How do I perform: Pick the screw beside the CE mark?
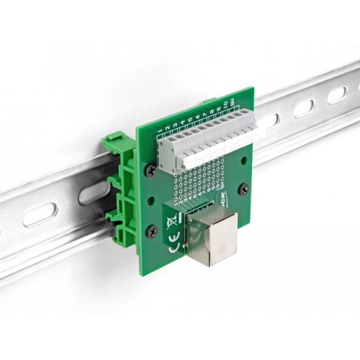point(153,230)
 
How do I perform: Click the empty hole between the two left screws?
point(151,199)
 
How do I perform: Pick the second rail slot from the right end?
point(303,108)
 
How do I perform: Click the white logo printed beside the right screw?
point(225,198)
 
